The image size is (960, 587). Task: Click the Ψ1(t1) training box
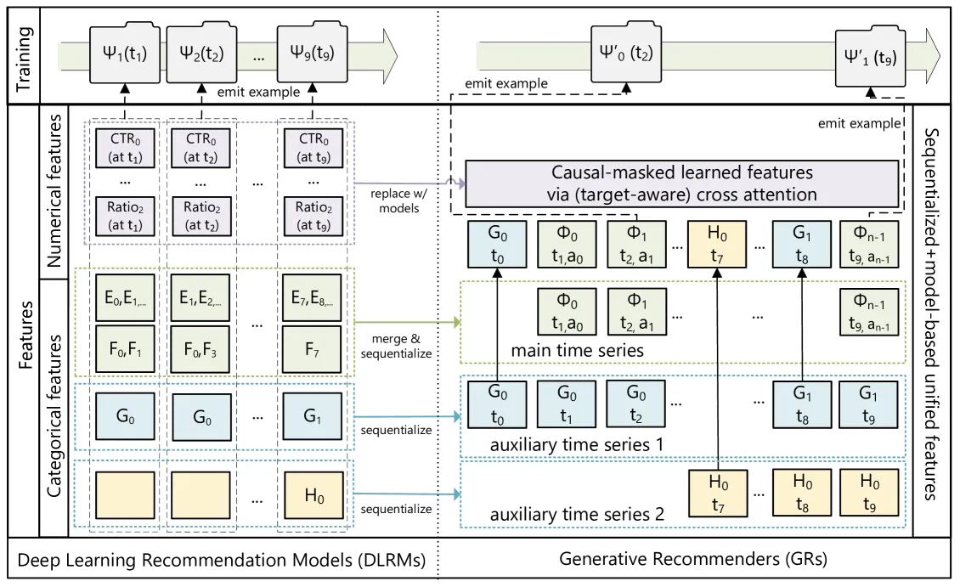(125, 54)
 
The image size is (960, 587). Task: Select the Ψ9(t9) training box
(313, 54)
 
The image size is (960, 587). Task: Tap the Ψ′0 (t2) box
(626, 54)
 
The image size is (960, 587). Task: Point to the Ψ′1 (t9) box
(870, 58)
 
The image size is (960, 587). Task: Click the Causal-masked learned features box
(682, 183)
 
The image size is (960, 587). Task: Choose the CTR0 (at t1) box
(125, 148)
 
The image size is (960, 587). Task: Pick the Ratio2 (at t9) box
(313, 216)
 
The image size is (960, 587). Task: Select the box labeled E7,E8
(313, 298)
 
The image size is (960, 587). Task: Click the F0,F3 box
(200, 349)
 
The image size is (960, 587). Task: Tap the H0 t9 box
(869, 493)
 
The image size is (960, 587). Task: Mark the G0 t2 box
(636, 404)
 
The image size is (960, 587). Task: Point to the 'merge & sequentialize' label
(396, 346)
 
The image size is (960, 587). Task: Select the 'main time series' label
(578, 351)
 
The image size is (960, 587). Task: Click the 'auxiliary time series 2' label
(577, 514)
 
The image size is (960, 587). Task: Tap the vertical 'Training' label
(23, 59)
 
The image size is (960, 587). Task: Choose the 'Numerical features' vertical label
(54, 190)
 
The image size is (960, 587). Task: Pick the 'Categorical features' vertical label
(54, 415)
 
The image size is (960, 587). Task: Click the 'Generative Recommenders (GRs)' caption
(693, 559)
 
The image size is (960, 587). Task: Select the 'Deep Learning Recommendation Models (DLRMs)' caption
(221, 560)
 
